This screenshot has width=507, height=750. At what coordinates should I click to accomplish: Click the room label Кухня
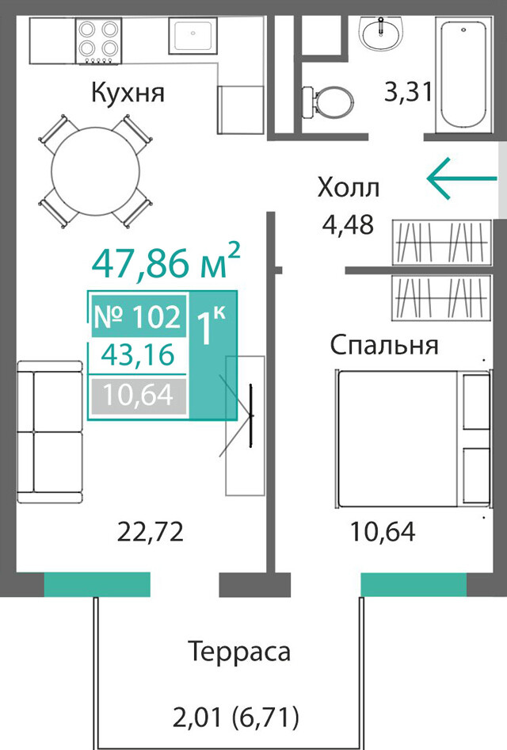pos(128,92)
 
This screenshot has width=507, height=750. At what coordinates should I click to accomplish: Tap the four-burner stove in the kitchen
pos(99,40)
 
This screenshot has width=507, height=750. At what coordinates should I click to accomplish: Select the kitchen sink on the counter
pos(193,36)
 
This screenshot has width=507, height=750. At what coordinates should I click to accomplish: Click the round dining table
pos(96,171)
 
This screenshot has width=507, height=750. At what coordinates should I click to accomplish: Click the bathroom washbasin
pos(381,33)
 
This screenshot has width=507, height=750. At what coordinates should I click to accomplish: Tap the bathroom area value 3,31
pos(409,91)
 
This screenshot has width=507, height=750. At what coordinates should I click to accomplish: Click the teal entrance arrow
pos(462,178)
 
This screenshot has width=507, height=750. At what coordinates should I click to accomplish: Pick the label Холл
pos(349,187)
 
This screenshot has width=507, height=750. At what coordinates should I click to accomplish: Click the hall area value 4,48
pos(348,224)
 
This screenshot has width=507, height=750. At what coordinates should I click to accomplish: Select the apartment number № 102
pos(138,316)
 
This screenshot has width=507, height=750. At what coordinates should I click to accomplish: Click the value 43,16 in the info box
pos(138,355)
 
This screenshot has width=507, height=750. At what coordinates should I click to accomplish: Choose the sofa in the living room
pos(50,432)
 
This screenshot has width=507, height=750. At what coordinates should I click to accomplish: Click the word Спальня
pos(384,344)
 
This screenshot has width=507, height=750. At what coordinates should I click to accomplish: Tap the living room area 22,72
pos(151,531)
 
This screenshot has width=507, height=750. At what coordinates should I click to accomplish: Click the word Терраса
pos(239,651)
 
